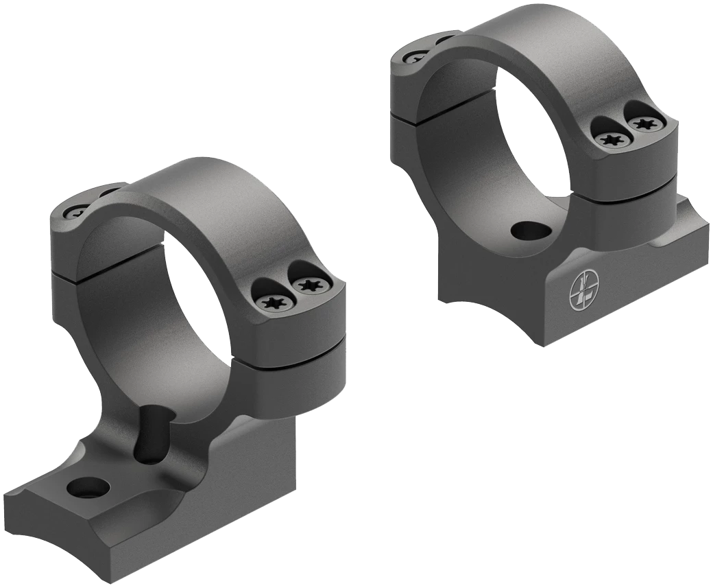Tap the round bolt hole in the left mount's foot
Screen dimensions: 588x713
pyautogui.click(x=88, y=488)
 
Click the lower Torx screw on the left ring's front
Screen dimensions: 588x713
pyautogui.click(x=273, y=302)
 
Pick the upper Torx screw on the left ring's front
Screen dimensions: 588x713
pyautogui.click(x=306, y=283)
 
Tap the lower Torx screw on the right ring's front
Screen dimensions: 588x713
pyautogui.click(x=609, y=139)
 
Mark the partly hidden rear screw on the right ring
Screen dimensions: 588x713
pyautogui.click(x=415, y=57)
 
